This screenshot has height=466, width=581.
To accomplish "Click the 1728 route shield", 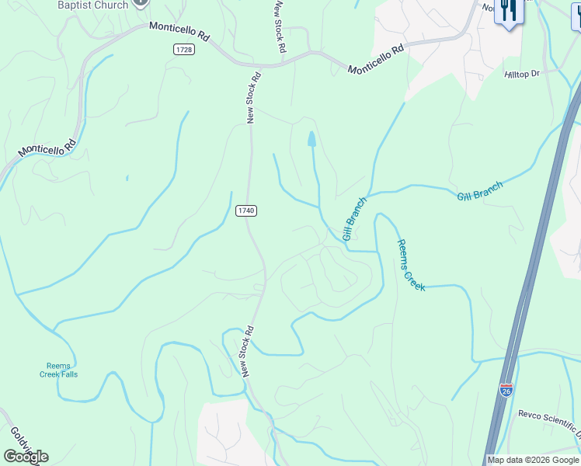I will [184, 49].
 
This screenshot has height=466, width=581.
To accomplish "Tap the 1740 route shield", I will [246, 210].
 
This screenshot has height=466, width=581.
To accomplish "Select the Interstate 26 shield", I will [506, 390].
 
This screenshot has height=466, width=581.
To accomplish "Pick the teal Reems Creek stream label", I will [411, 266].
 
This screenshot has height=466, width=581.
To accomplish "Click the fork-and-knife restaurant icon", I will [509, 11].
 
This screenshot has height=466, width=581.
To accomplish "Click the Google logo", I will [26, 456].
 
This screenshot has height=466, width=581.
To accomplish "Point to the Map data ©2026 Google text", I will [533, 460].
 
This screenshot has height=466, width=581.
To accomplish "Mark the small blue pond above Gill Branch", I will [311, 139].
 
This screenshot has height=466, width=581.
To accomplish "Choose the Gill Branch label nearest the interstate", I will [480, 191].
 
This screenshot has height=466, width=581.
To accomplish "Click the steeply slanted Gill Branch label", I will [354, 219].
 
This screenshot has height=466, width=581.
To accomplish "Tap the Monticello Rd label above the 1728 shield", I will [180, 30].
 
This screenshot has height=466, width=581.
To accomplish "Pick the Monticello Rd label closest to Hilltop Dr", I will [377, 60].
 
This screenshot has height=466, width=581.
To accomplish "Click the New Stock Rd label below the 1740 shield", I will [248, 352].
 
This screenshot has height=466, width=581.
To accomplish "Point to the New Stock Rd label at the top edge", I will [280, 26].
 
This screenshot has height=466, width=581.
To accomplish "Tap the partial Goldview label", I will [16, 440].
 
